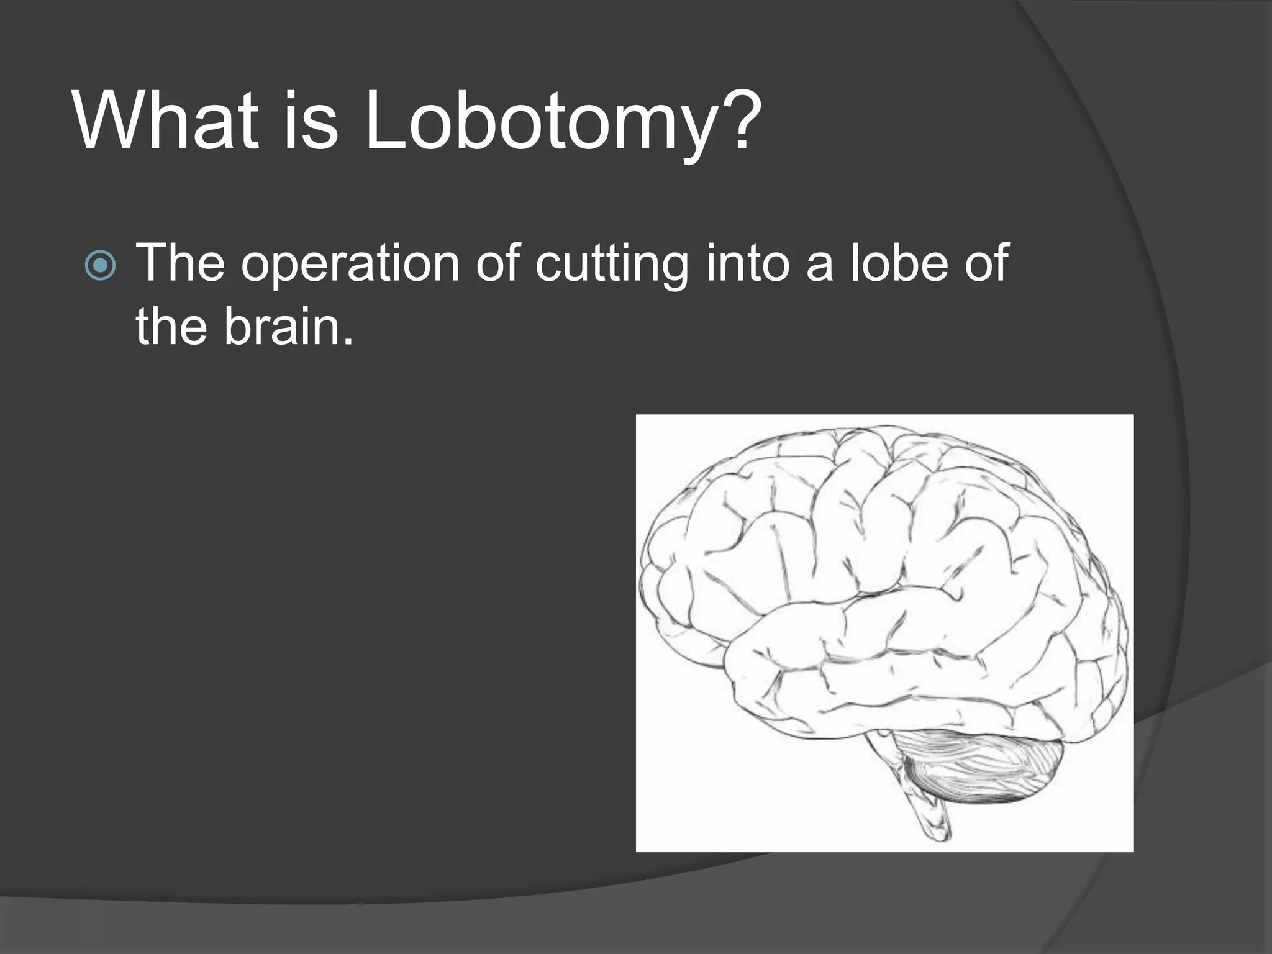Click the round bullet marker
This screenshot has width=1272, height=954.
pos(100,266)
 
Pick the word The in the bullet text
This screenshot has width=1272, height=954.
pos(180,263)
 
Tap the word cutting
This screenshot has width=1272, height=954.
pos(612,266)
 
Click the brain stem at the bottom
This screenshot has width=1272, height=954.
pos(925,807)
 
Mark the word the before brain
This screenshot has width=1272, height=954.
pos(171,327)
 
